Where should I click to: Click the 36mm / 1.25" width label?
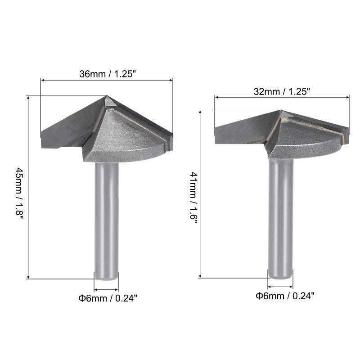(108, 74)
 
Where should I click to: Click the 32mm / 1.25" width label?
(282, 92)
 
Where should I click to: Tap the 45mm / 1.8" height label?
(19, 193)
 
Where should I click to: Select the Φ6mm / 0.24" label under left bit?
(108, 298)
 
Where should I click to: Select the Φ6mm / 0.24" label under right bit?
(285, 296)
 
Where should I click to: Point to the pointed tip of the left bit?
(107, 96)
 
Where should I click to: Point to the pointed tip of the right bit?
(281, 111)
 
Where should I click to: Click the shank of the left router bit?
(107, 221)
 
